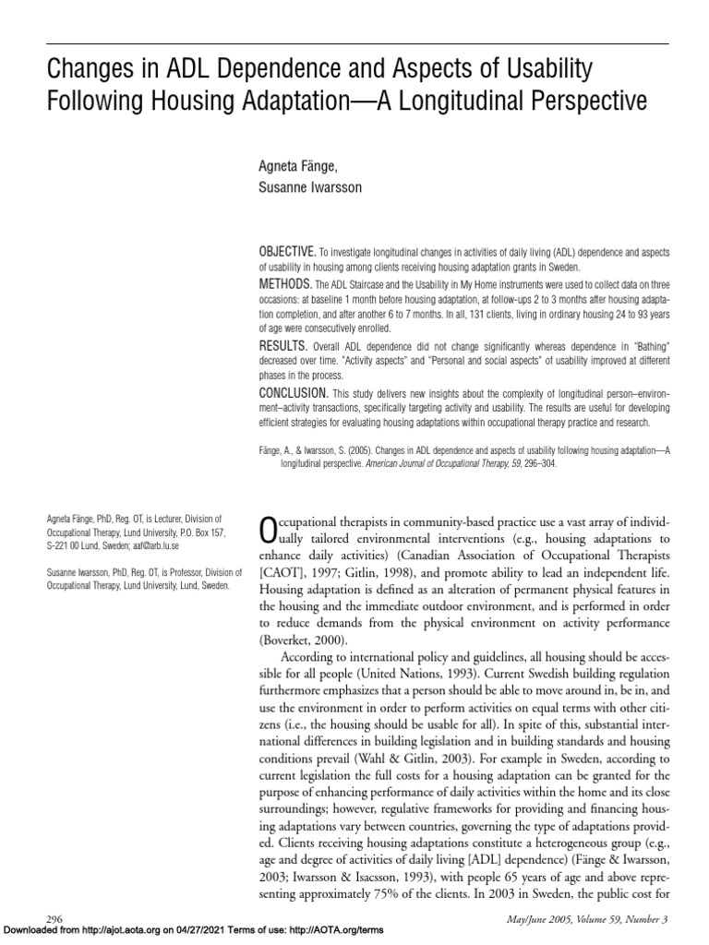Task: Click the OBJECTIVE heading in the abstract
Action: point(287,251)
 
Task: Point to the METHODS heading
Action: point(282,280)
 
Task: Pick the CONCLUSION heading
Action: point(290,393)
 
